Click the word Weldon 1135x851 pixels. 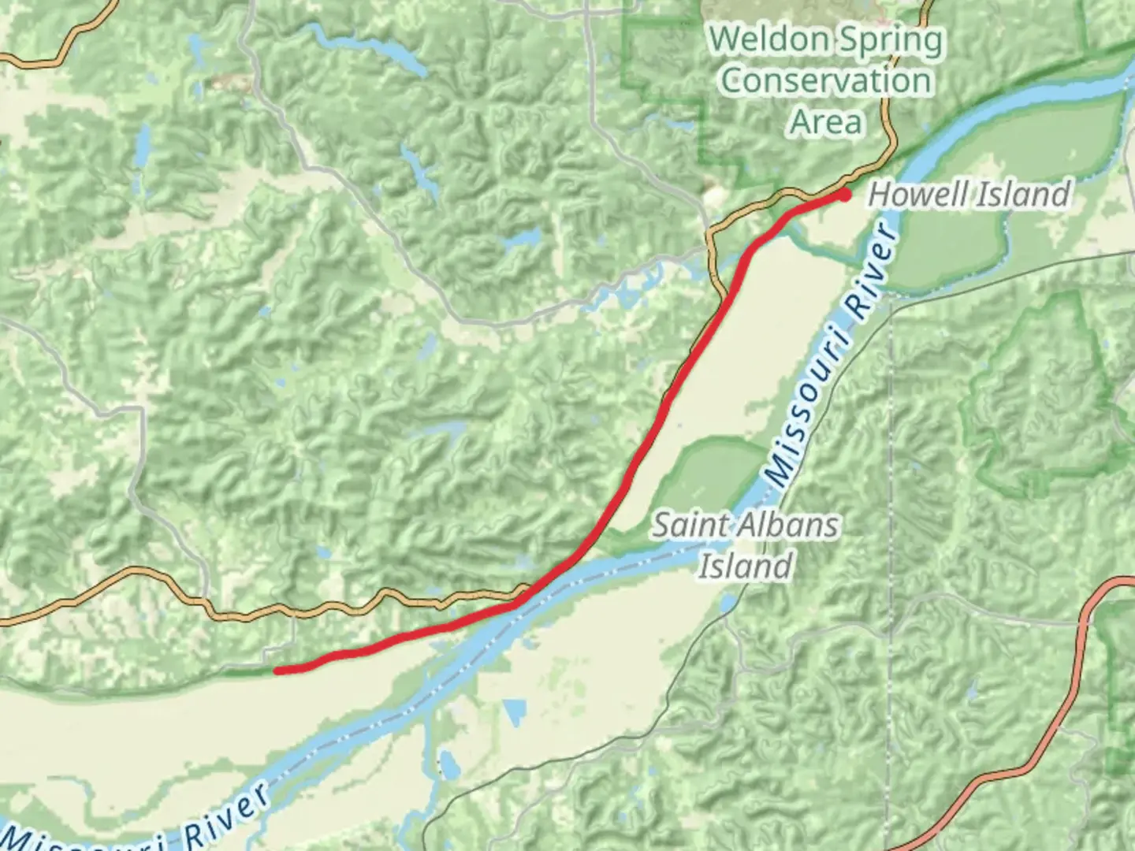pyautogui.click(x=768, y=39)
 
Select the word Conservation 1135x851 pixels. pyautogui.click(x=825, y=81)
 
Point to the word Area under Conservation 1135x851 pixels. pyautogui.click(x=825, y=122)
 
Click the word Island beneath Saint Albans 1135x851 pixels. pyautogui.click(x=745, y=566)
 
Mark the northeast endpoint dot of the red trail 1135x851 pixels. pyautogui.click(x=844, y=194)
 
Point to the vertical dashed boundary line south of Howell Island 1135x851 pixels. pyautogui.click(x=891, y=552)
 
